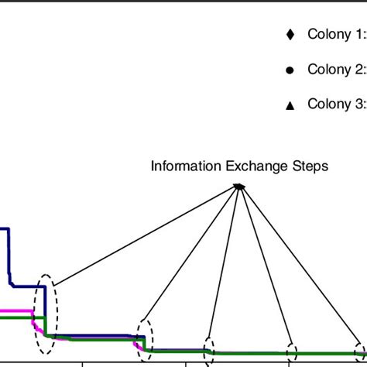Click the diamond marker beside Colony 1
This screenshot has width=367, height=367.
(x=290, y=34)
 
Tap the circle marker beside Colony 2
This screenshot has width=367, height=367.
(x=290, y=70)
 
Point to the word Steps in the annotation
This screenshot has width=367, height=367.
(x=310, y=166)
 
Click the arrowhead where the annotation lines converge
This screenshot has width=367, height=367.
(x=240, y=186)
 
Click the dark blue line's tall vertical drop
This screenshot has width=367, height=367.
(x=9, y=256)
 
